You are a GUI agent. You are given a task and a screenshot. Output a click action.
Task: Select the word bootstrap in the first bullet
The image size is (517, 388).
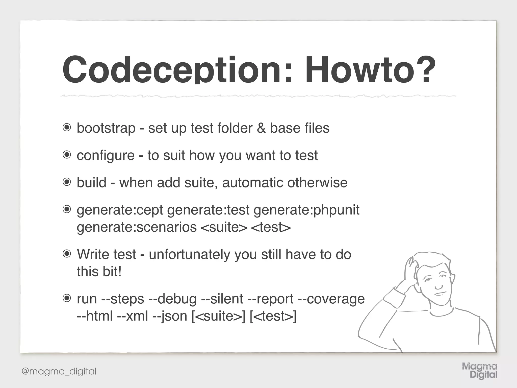point(106,128)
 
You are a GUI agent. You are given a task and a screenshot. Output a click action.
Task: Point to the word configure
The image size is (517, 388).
point(106,155)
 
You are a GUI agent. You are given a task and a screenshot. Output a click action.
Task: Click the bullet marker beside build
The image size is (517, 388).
point(67,182)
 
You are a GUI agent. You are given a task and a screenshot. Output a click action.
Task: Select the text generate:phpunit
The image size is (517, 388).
point(306,210)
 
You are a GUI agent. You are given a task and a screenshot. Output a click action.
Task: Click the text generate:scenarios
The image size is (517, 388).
point(137,227)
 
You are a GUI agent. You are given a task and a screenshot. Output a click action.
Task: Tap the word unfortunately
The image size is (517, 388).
point(189,254)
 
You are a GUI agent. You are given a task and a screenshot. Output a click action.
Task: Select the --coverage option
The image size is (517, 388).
point(331,299)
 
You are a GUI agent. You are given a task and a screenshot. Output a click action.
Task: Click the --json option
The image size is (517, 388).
point(170,316)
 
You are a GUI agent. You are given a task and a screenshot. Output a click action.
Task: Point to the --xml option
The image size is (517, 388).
point(133,316)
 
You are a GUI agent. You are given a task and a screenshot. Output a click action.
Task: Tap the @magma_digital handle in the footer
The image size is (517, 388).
point(59,371)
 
